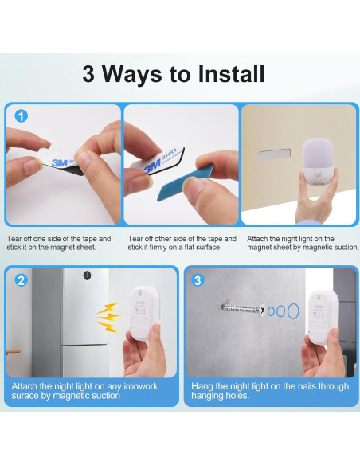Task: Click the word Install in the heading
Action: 231,73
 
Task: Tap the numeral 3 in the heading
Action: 88,74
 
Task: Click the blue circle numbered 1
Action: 21,116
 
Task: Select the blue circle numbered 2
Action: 21,280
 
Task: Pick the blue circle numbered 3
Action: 198,280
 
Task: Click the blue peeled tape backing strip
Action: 186,182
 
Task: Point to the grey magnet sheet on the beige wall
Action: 274,154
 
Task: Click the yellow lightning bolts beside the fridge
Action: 109,318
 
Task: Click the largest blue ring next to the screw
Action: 292,311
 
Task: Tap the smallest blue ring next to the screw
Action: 271,311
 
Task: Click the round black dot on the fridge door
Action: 87,275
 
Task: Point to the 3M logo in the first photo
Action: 60,162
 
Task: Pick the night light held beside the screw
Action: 323,318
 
